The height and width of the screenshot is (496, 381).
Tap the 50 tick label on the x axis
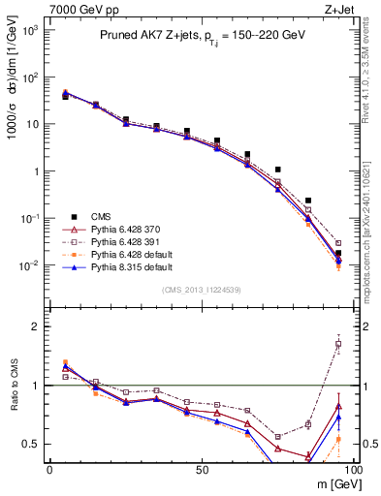pos(200,470)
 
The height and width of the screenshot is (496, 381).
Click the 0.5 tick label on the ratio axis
pos(33,445)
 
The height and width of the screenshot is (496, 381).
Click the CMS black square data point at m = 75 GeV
pos(278,170)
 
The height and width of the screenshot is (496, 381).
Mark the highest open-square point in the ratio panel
pos(338,344)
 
